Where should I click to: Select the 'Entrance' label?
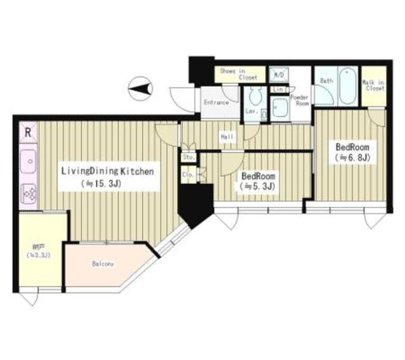pos(216,102)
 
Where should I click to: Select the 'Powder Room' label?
pos(299,101)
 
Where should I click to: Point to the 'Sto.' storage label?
pos(188,157)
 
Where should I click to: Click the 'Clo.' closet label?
pos(188,173)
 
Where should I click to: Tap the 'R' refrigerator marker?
pos(28,133)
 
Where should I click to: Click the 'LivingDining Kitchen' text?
pos(107,171)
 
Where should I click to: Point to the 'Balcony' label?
pos(103,264)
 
